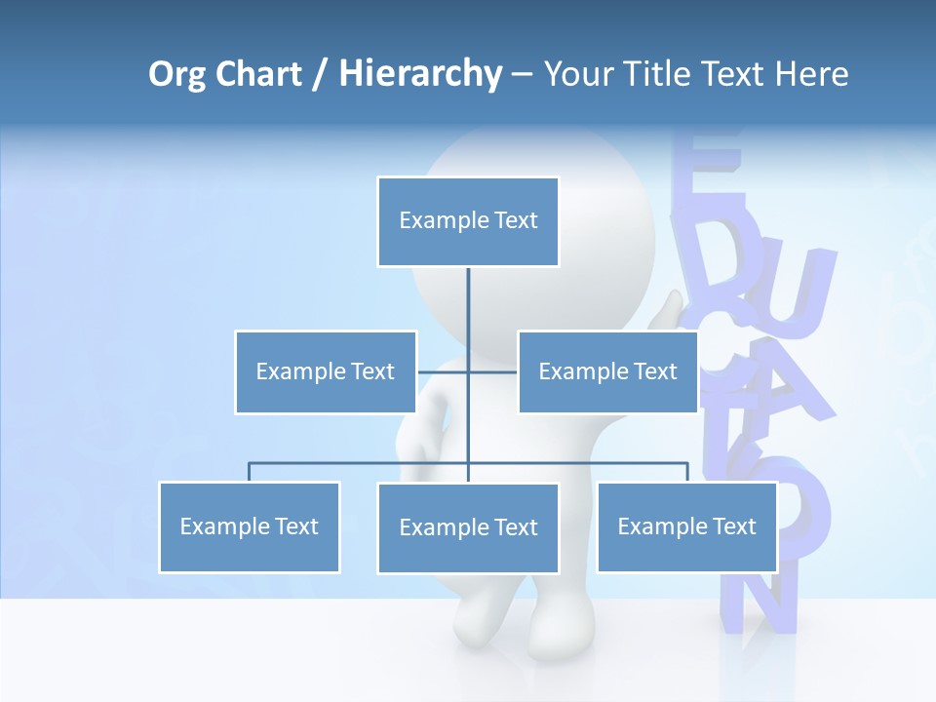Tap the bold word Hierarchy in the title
click(420, 74)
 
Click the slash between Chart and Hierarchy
click(320, 75)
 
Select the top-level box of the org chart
click(468, 221)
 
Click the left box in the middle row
click(326, 371)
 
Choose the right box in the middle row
click(607, 371)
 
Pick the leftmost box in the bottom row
click(250, 526)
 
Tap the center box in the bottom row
click(468, 527)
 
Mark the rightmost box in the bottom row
click(686, 526)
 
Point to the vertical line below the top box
click(468, 302)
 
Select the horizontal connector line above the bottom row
click(361, 463)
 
